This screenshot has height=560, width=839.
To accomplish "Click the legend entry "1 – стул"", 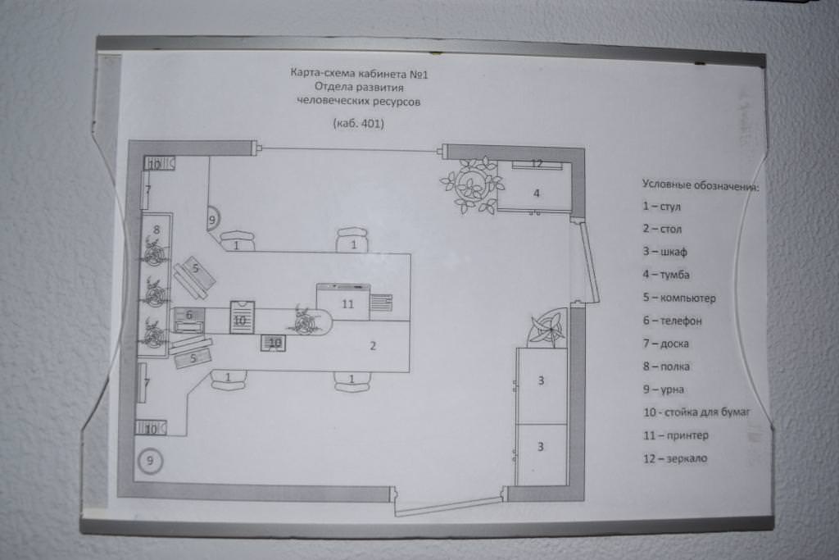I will (x=662, y=207).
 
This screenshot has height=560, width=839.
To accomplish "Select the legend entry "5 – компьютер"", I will (x=679, y=298).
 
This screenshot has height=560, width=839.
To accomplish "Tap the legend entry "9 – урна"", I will (x=664, y=389).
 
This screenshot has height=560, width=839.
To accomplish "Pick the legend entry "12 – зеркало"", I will (x=675, y=458).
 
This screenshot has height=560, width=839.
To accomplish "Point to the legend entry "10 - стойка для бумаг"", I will (x=696, y=412).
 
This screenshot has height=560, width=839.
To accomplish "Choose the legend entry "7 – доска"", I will (x=665, y=344).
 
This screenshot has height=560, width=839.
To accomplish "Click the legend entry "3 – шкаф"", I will (x=664, y=252).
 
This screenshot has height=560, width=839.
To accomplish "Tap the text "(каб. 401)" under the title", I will (x=360, y=125).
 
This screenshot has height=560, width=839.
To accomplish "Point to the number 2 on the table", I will (x=373, y=345).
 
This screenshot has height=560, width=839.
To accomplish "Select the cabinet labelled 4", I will (x=536, y=193).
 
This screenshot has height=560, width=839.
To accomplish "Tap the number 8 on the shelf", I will (x=156, y=220).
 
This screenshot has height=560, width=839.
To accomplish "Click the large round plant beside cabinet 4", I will (x=472, y=184).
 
